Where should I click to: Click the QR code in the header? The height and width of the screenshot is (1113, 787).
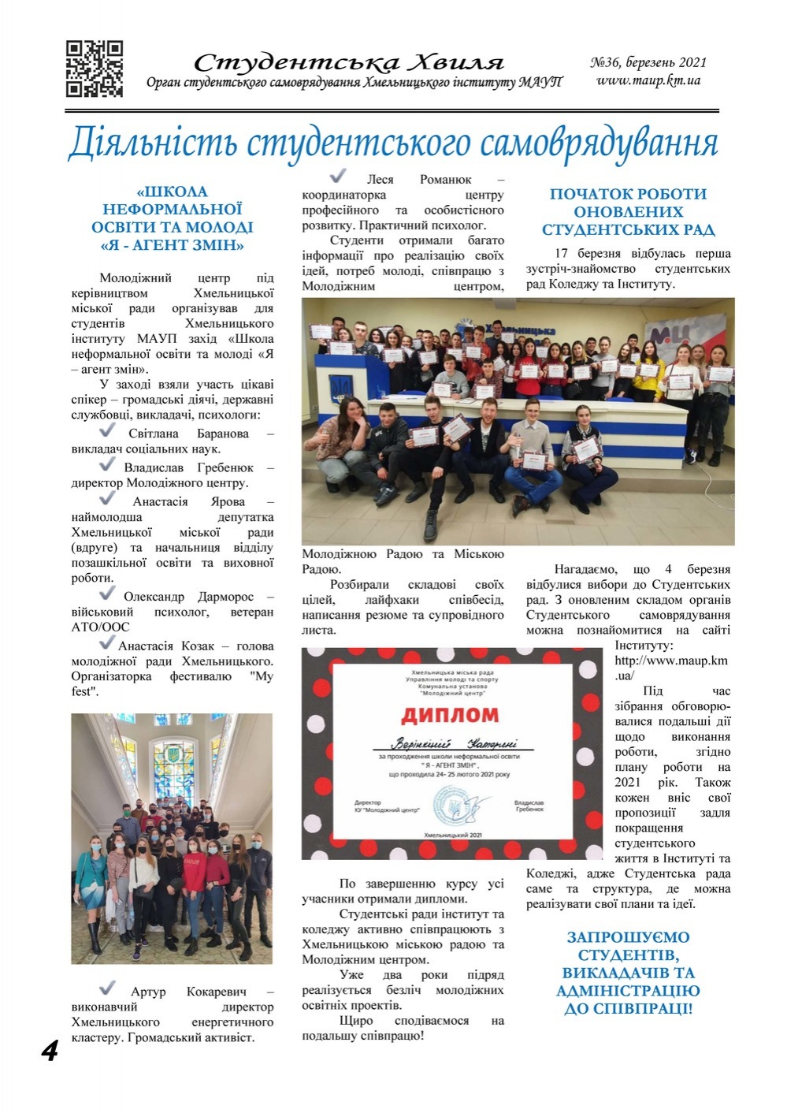pyautogui.click(x=95, y=69)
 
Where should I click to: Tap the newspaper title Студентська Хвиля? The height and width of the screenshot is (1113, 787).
pyautogui.click(x=348, y=62)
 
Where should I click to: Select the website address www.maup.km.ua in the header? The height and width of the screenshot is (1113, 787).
pyautogui.click(x=648, y=80)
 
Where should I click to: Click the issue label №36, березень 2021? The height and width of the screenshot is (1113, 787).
pyautogui.click(x=648, y=62)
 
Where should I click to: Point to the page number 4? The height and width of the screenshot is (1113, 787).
pyautogui.click(x=50, y=1051)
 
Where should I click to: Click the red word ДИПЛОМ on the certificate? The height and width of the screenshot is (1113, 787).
pyautogui.click(x=450, y=715)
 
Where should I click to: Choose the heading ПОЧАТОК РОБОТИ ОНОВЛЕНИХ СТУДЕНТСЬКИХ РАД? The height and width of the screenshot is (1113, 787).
pyautogui.click(x=628, y=212)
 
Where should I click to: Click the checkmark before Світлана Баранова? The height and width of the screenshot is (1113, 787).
pyautogui.click(x=108, y=431)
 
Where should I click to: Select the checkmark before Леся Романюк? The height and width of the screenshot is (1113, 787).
pyautogui.click(x=338, y=176)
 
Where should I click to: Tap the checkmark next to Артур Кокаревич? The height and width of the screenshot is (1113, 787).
pyautogui.click(x=108, y=988)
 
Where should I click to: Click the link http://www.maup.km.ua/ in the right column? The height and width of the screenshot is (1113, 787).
pyautogui.click(x=670, y=668)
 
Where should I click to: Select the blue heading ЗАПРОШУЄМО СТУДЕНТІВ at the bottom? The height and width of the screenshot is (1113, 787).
pyautogui.click(x=628, y=946)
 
